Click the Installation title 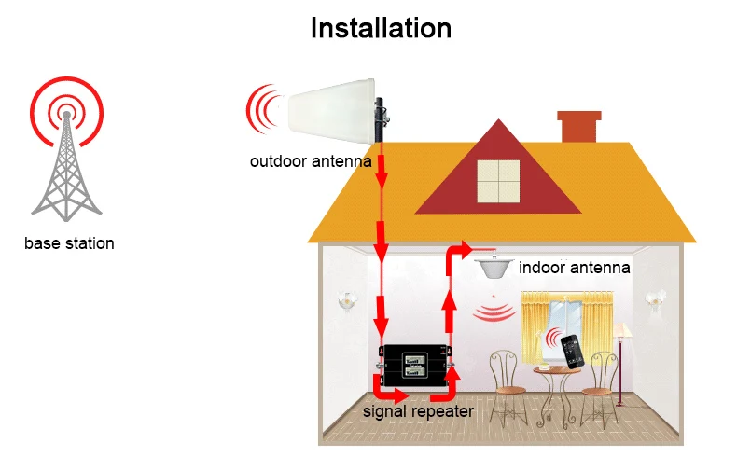(x=381, y=28)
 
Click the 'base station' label (x=69, y=243)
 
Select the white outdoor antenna (x=332, y=112)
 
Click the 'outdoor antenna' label (x=311, y=161)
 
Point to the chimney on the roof (x=579, y=126)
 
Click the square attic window (x=499, y=181)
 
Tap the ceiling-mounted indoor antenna (x=494, y=266)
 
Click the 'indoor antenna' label (x=575, y=268)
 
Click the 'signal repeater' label (x=418, y=411)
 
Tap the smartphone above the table (x=573, y=351)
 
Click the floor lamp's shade (x=622, y=330)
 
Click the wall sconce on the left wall (x=346, y=300)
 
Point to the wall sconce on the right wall (x=655, y=298)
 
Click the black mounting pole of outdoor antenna (x=380, y=119)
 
